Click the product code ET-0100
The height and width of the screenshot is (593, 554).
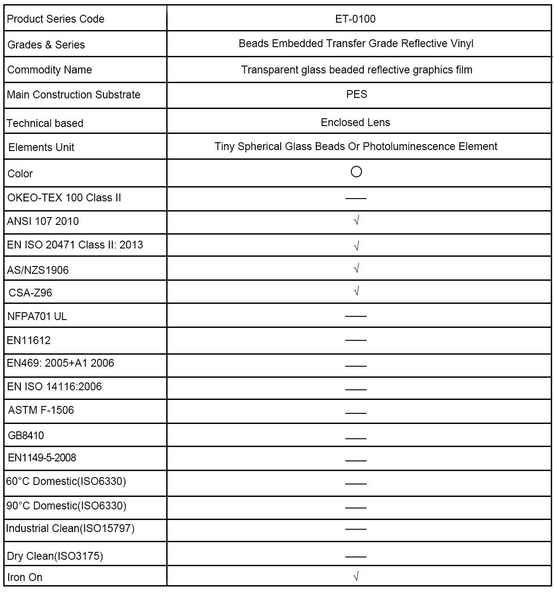coord(355,19)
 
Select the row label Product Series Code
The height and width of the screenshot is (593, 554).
coord(55,19)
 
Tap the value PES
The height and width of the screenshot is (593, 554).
coord(356,94)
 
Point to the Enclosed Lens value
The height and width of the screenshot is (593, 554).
coord(355,122)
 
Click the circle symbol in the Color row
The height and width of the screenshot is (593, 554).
coord(356,172)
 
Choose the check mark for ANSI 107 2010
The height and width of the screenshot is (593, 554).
coord(356,221)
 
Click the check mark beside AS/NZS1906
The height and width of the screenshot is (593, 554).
coord(356,268)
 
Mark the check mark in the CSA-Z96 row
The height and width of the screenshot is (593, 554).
coord(356,291)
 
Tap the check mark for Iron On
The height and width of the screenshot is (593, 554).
coord(356,576)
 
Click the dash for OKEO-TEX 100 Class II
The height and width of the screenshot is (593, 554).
coord(355,199)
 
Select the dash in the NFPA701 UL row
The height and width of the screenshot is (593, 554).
coord(355,316)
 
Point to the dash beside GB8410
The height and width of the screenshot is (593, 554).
coord(355,438)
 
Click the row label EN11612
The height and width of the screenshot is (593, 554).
coord(29,340)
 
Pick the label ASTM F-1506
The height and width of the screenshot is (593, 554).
coord(41,410)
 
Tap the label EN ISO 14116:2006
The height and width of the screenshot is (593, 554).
coord(54,387)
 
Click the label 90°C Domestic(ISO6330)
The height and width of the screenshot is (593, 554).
coord(66,506)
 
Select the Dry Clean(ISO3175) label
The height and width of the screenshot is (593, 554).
coord(55,556)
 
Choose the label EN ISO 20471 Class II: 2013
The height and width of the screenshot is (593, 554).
coord(75,245)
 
